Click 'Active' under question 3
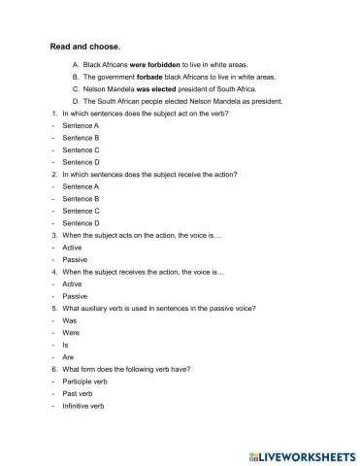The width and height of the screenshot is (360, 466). [x=73, y=248]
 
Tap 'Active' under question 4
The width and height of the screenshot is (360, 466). [x=73, y=284]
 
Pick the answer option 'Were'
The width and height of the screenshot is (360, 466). [x=71, y=333]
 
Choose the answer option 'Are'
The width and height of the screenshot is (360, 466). [x=69, y=357]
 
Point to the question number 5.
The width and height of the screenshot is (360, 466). [x=53, y=309]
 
